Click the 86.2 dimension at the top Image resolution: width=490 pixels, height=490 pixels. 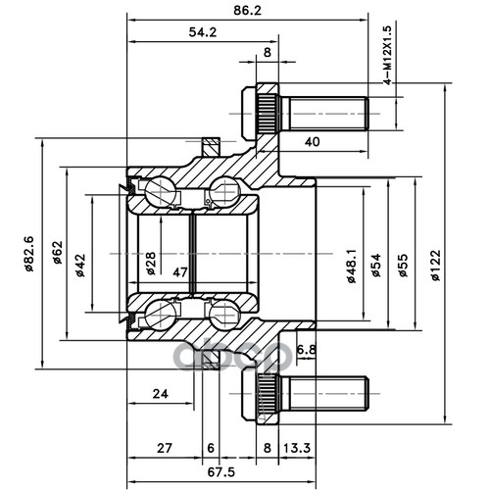pos(248,11)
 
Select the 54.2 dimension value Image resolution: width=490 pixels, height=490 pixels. pos(203,32)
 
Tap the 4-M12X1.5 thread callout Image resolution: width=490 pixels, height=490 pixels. pos(387,56)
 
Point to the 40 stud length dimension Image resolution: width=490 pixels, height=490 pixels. pos(312,142)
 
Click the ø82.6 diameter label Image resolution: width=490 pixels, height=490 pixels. pos(29,254)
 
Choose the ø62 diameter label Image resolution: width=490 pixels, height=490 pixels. pos(58,252)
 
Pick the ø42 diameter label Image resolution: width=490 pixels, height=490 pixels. pos(80,266)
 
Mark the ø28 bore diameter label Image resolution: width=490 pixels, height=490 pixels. pos(151,264)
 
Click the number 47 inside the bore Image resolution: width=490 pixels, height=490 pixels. pos(180,271)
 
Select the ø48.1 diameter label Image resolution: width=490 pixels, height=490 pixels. pos(352,266)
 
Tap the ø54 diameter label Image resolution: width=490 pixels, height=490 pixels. pos(376,266)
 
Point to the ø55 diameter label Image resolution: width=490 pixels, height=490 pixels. pos(404,266)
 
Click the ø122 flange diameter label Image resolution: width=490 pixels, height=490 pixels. pos(435,266)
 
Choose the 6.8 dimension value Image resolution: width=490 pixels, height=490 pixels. pos(307,350)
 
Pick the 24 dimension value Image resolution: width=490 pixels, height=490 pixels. pos(161,394)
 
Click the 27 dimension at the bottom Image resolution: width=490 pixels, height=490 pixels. pos(164,448)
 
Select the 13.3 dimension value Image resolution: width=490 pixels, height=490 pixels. pos(297,448)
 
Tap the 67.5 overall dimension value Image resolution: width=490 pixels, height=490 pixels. pos(221,472)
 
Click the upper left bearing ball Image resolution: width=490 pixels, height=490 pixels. pos(160,192)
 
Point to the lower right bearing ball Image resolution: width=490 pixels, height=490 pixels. pos(224,315)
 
